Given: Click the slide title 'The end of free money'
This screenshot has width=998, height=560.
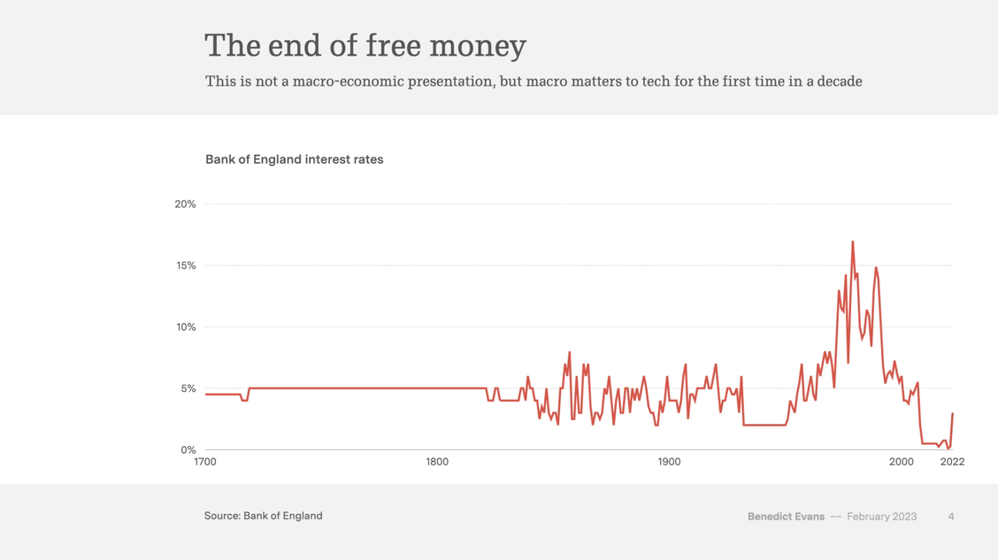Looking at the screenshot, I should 365,45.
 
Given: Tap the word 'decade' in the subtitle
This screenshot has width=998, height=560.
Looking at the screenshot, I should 835,81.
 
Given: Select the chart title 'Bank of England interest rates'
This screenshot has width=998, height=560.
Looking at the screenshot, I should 294,160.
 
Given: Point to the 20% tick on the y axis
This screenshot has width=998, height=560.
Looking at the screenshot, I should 185,204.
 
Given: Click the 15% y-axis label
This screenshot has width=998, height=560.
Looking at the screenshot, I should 185,266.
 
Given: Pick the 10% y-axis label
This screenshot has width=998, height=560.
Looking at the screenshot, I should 185,327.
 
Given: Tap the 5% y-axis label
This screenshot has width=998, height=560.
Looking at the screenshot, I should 188,389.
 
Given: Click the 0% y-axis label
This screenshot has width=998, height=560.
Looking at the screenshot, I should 188,450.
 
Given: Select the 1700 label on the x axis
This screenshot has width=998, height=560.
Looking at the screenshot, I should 205,462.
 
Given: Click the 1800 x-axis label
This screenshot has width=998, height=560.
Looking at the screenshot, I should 437,462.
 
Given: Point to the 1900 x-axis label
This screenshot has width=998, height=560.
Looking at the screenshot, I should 669,462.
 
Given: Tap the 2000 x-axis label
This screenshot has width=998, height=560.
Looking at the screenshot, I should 901,462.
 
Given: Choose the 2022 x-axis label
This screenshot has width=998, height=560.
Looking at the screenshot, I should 952,462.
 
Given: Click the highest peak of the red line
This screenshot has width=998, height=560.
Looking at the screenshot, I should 853,242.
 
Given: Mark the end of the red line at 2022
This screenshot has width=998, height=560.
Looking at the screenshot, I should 952,414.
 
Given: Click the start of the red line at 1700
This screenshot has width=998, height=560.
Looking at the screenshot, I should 206,395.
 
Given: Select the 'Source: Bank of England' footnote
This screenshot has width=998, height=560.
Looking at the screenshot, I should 263,516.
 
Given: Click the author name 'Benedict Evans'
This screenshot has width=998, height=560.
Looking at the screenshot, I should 786,517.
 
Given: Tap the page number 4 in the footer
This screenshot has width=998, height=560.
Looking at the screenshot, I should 951,517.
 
